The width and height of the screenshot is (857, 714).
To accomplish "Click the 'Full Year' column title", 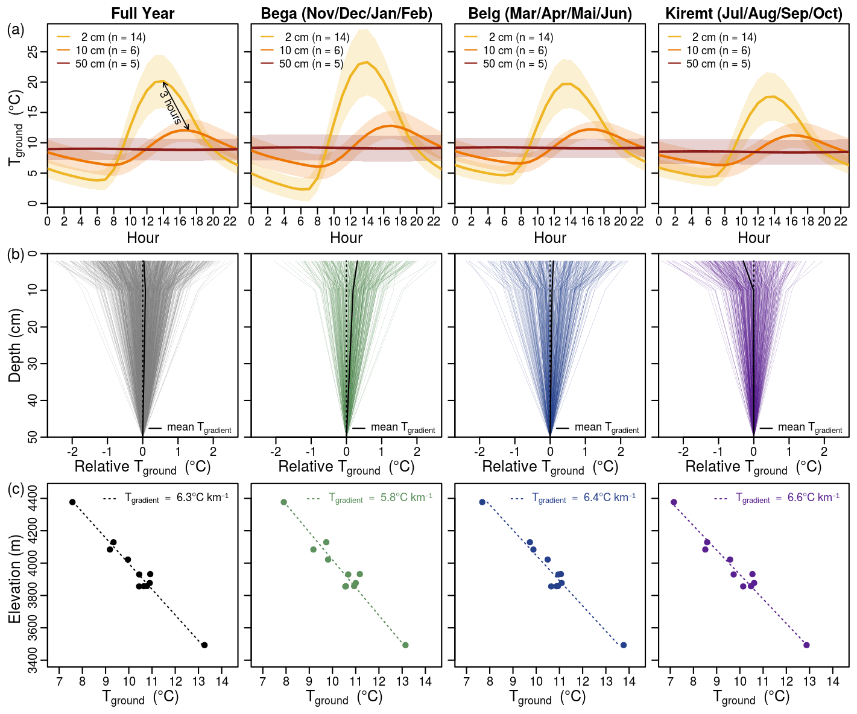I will pos(143,13).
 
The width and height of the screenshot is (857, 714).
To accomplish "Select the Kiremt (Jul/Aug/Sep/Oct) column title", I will pos(753,13).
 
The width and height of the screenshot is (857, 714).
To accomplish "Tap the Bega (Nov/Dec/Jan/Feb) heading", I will pos(346,13).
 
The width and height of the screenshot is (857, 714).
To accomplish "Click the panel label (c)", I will pos(16,489).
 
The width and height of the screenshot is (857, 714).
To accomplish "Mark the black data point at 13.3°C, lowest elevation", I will pos(204,645).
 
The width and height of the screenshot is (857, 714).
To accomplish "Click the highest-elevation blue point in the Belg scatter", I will pos(482,502).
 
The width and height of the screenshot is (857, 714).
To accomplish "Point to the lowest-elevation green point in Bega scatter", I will pos(405,645).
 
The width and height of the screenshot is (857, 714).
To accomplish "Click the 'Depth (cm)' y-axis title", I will pos(16,345).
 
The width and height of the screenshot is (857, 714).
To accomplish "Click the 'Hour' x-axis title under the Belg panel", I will pos(550,238).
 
